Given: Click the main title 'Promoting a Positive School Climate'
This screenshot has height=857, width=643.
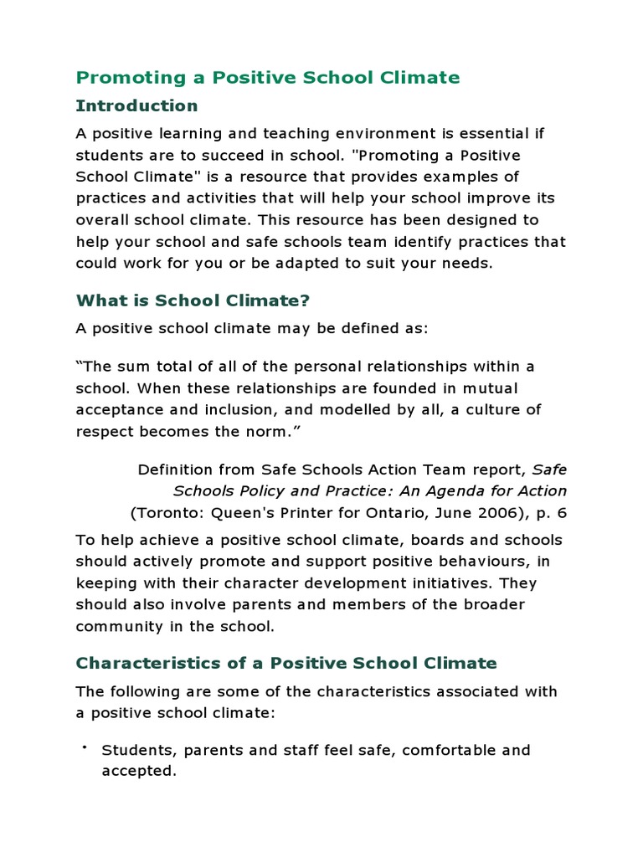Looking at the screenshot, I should (x=268, y=78).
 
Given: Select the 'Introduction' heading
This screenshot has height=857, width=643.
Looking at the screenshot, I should (x=136, y=105).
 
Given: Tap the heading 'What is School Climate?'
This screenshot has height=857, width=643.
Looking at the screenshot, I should (x=193, y=300).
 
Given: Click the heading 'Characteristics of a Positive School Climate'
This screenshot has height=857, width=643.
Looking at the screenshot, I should (x=286, y=663).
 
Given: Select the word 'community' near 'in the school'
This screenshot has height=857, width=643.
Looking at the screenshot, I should (x=116, y=626).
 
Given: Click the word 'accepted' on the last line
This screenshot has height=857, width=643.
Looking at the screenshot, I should (x=137, y=772).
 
